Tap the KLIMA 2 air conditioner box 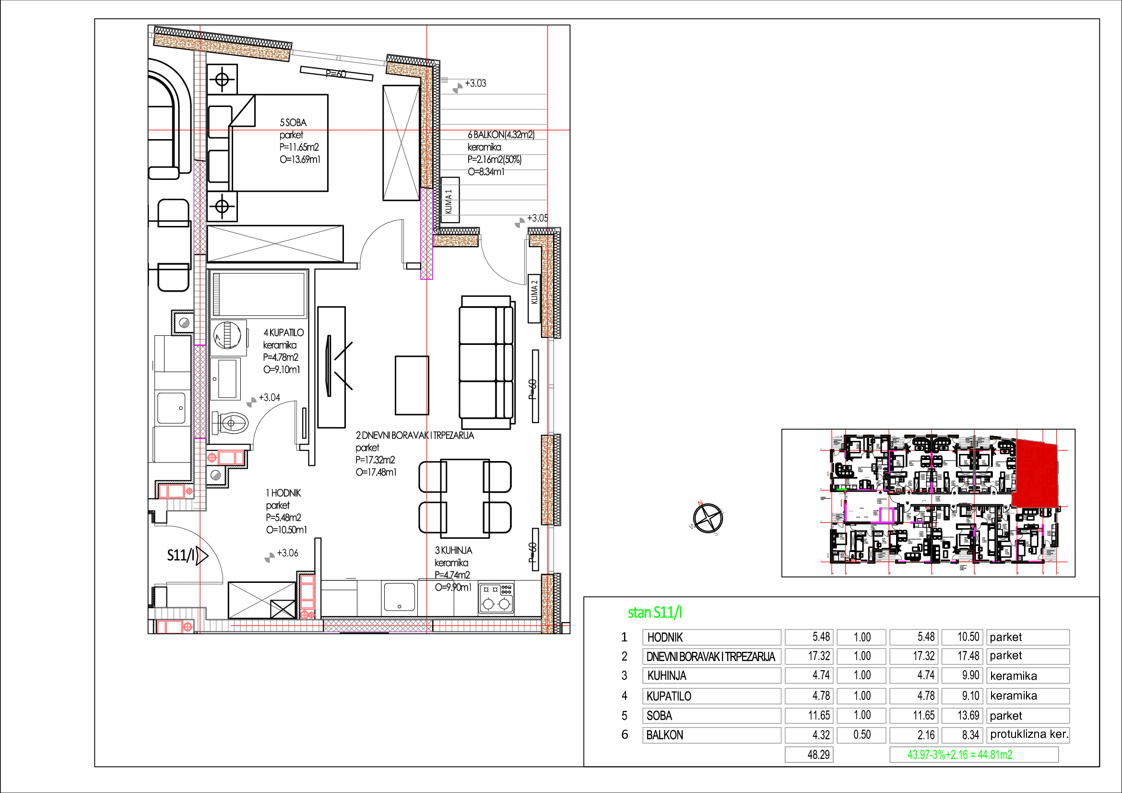coord(534,298)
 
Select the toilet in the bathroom coord(230,423)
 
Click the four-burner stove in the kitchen coord(496,599)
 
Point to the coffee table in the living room coord(412,385)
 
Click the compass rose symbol coord(708,519)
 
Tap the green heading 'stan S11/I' coord(655,612)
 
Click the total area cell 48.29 coord(809,755)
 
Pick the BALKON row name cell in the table coord(711,735)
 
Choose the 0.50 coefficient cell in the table coord(861,735)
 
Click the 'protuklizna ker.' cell coord(1028,734)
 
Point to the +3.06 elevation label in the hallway coord(287,553)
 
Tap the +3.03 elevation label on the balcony coord(475,83)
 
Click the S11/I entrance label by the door coord(181,555)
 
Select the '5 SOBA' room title coord(293,122)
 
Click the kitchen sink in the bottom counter coord(399,597)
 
